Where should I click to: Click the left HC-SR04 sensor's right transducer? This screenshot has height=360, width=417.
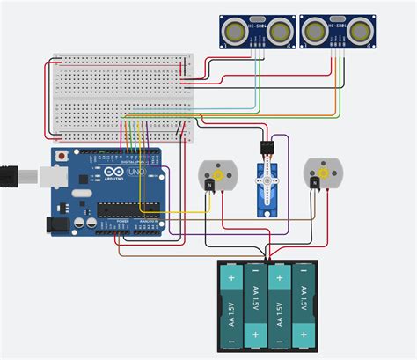tap(280, 32)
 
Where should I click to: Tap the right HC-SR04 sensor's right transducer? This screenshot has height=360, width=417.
tap(359, 32)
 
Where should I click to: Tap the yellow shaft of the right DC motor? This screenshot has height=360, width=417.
tap(322, 173)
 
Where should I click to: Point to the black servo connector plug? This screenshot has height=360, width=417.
tap(267, 146)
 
